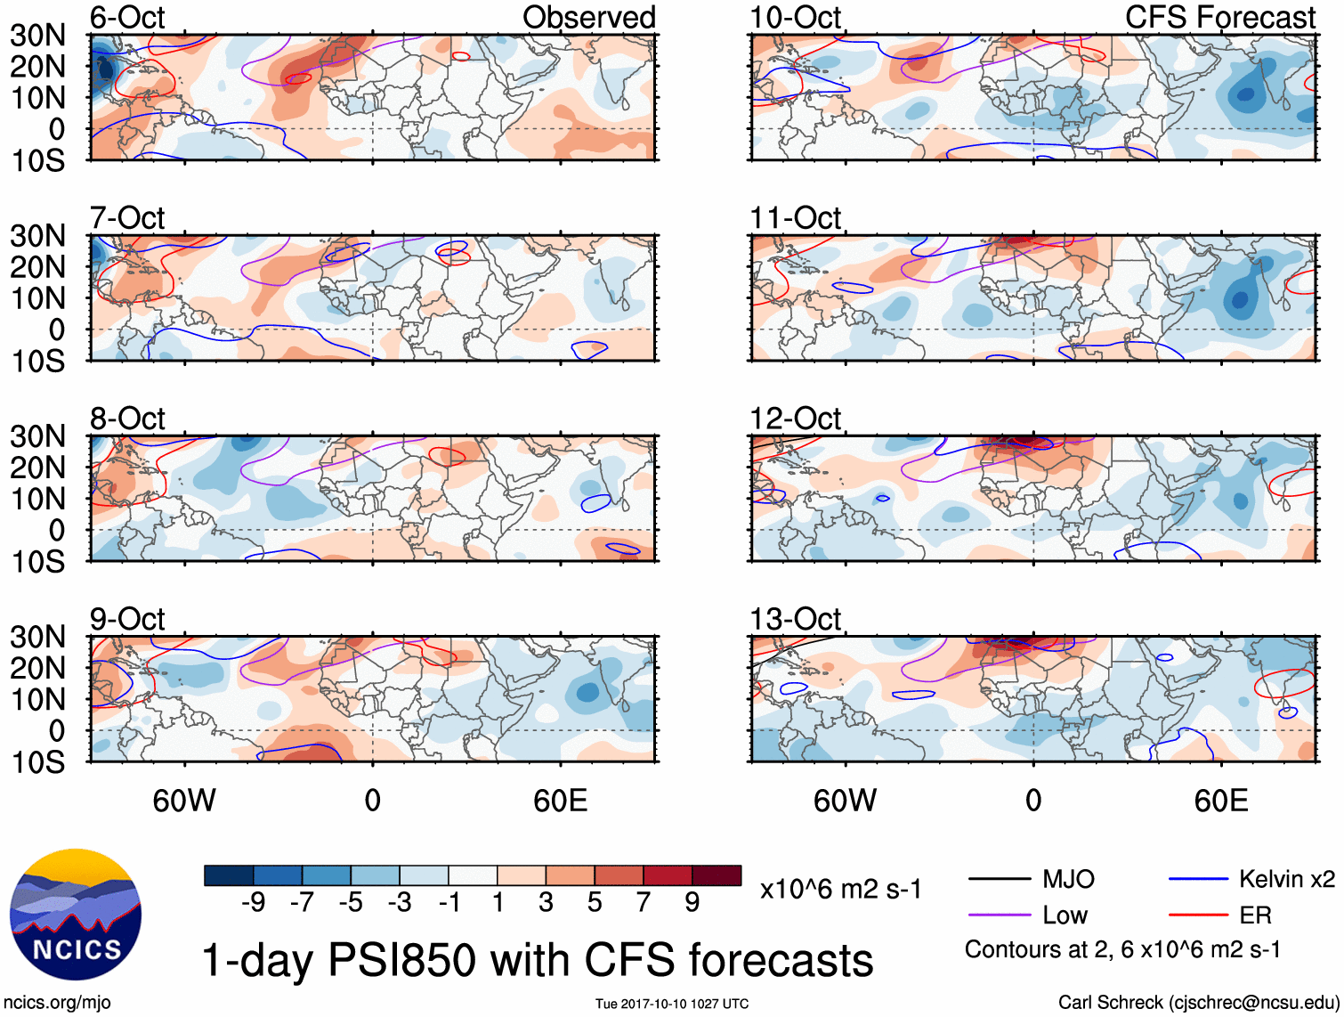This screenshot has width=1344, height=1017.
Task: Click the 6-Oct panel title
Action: click(x=127, y=17)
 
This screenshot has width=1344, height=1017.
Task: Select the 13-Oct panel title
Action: click(x=795, y=618)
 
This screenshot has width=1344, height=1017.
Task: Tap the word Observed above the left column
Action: click(x=588, y=17)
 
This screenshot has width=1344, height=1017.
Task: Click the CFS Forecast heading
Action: click(x=1219, y=17)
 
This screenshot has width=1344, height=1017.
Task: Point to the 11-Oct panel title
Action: click(x=795, y=217)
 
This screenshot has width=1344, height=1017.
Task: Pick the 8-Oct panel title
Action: click(x=127, y=418)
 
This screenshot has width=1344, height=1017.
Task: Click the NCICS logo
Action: click(x=76, y=915)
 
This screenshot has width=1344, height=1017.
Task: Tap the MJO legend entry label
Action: click(x=1068, y=880)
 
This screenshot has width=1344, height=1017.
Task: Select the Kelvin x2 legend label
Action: click(x=1286, y=880)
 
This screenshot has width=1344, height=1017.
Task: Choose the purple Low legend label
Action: click(x=1065, y=915)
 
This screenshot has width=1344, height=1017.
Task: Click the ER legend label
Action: click(x=1255, y=915)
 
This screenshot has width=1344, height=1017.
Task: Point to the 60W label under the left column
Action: click(x=184, y=801)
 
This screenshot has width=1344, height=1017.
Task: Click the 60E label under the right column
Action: click(x=1220, y=801)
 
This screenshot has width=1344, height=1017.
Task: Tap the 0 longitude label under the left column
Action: click(x=372, y=801)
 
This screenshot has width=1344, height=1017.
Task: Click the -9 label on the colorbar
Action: click(x=253, y=903)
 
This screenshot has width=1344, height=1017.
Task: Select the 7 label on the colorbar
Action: click(x=644, y=903)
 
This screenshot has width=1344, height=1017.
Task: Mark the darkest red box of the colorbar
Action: click(x=717, y=875)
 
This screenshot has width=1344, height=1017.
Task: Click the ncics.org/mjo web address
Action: click(x=57, y=1003)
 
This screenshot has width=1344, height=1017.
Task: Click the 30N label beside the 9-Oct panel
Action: click(x=38, y=637)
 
